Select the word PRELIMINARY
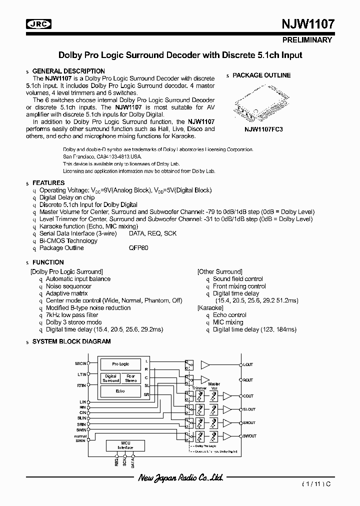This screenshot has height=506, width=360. [x=307, y=39]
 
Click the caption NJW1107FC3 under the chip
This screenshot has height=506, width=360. [x=264, y=128]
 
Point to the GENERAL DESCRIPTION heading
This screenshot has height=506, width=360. [x=68, y=71]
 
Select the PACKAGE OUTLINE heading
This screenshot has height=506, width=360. [x=261, y=75]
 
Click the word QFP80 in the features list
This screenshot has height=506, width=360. [x=138, y=248]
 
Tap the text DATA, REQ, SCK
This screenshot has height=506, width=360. [x=152, y=233]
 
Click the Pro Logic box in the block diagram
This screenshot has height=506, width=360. [x=120, y=364]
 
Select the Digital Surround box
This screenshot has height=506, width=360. [x=110, y=378]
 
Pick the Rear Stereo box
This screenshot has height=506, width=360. [x=130, y=378]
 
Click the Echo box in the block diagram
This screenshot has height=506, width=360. [x=120, y=391]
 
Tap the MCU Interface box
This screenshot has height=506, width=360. [x=125, y=445]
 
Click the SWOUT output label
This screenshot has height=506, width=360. [x=249, y=436]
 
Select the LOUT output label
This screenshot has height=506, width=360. [x=248, y=364]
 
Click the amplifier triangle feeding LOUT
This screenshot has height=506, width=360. [x=205, y=364]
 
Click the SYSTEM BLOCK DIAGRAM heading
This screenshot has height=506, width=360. [x=71, y=341]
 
